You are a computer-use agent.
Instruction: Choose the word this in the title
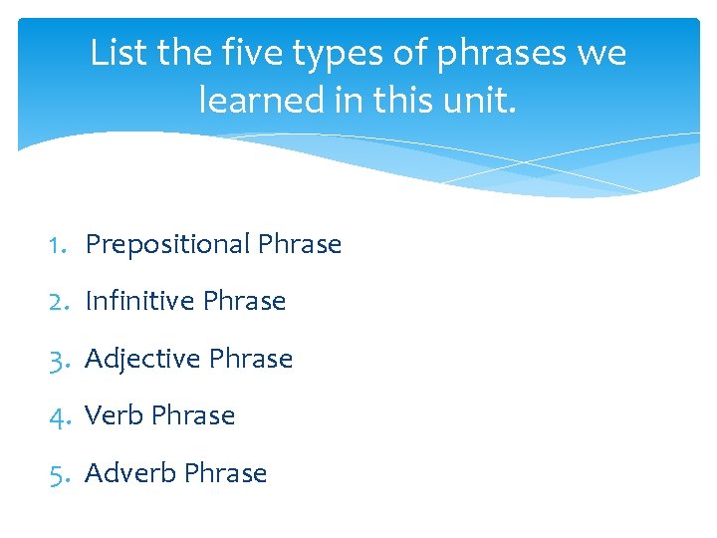point(402,100)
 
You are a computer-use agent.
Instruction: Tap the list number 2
point(59,301)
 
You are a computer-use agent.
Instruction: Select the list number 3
point(59,359)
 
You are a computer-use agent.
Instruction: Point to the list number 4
point(59,415)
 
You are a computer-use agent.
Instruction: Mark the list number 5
point(59,473)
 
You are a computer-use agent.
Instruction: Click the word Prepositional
point(167,245)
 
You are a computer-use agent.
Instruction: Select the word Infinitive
point(139,301)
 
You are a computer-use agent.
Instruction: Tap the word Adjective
point(143,360)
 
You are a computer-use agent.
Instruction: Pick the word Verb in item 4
point(115,415)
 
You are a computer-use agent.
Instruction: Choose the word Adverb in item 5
point(130,473)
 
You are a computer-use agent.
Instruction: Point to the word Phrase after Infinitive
point(244,301)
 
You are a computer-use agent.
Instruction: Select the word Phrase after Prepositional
point(300,244)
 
